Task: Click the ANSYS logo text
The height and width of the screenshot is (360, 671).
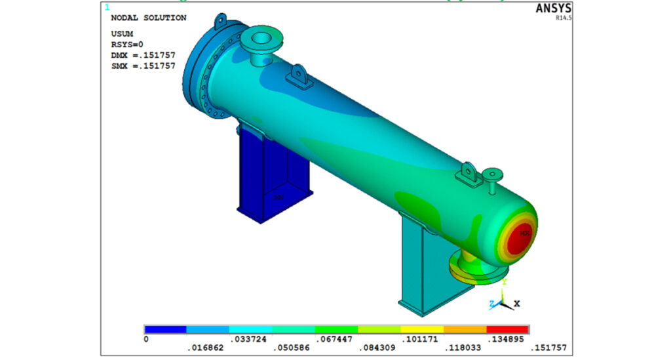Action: point(554,9)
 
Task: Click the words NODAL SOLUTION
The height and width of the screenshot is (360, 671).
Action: point(149,18)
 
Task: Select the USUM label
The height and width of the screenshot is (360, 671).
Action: point(123,35)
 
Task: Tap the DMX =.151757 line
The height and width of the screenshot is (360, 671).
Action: point(143,56)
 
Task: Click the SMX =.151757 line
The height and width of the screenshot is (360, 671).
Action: point(143,66)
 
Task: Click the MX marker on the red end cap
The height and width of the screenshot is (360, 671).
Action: point(524,232)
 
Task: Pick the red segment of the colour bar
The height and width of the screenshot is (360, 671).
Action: point(508,329)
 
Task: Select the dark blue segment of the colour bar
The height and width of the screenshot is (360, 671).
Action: point(166,329)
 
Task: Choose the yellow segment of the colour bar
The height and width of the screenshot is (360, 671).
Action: point(422,329)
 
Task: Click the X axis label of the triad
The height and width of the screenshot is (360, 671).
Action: point(517,304)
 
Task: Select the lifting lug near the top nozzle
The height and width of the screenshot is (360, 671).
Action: point(301,77)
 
